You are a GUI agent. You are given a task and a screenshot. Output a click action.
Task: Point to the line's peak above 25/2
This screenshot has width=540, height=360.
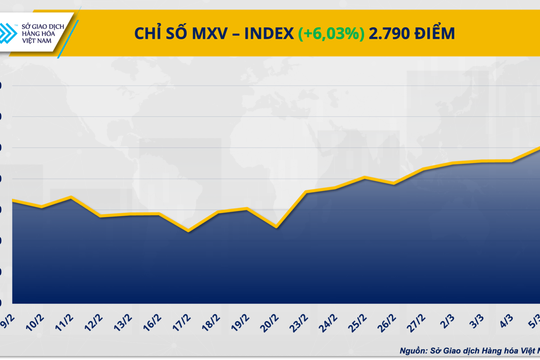pos(366,178)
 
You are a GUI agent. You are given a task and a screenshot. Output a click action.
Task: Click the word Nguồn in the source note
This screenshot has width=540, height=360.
pos(416,350)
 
